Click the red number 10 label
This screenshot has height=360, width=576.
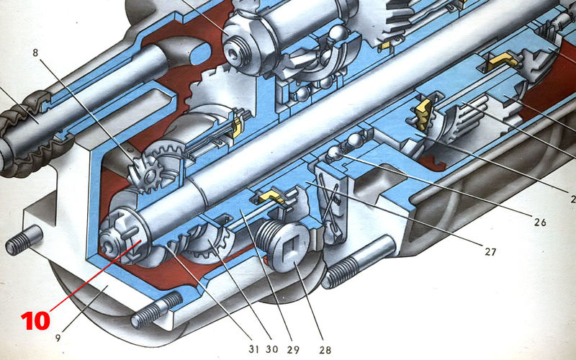pos(35,321)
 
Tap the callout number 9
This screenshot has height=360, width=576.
pos(58,337)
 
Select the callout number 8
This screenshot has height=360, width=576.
pos(35,53)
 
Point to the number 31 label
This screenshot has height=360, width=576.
pos(254,349)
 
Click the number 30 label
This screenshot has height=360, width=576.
pos(272,349)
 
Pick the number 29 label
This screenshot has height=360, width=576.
pos(293,349)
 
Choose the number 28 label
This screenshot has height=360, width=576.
pos(325,350)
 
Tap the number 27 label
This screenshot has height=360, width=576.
pos(490,252)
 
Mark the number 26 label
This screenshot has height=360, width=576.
pos(540,222)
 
